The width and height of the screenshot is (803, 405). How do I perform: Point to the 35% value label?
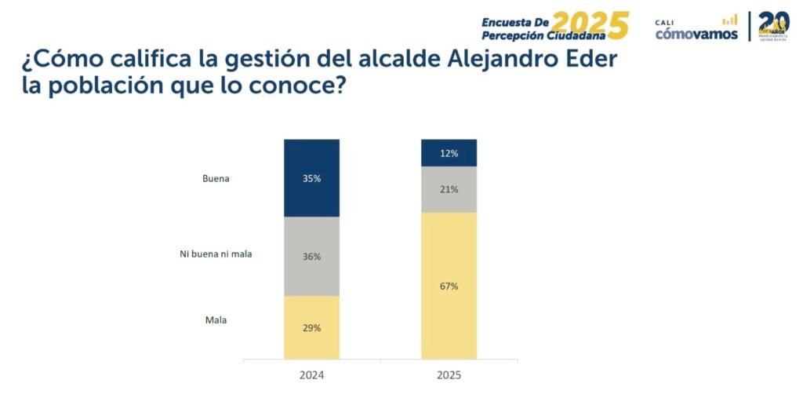point(312,179)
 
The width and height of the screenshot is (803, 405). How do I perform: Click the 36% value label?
point(312,257)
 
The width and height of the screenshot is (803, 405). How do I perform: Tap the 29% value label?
point(312,328)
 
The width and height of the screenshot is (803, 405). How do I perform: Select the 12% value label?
point(449,153)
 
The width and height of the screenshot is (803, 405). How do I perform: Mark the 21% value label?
point(449,190)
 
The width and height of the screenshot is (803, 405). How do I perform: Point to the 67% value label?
point(449,286)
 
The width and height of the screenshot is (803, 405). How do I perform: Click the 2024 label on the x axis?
point(312,375)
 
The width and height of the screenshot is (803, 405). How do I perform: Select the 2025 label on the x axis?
point(449,375)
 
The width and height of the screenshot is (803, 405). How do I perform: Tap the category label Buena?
point(216,179)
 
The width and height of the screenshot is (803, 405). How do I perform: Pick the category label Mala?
point(216,320)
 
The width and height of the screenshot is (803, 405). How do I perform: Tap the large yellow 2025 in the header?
point(590,25)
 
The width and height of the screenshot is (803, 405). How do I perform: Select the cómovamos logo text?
point(696,33)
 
